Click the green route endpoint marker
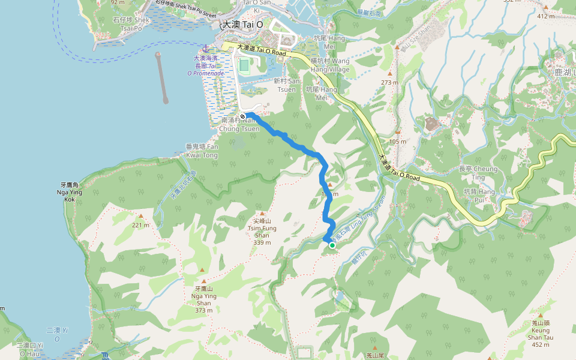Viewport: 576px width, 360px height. click(332, 245)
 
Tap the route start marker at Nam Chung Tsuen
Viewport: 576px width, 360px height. click(242, 116)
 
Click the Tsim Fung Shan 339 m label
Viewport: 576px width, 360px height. click(262, 232)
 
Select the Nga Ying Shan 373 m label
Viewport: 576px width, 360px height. click(203, 299)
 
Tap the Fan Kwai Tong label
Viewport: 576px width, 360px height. click(202, 151)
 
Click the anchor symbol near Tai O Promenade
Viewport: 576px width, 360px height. click(205, 48)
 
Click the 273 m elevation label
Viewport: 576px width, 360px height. click(389, 83)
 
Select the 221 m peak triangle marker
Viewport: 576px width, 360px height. click(141, 216)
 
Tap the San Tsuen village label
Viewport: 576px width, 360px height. click(286, 85)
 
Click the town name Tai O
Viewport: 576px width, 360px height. click(242, 25)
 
